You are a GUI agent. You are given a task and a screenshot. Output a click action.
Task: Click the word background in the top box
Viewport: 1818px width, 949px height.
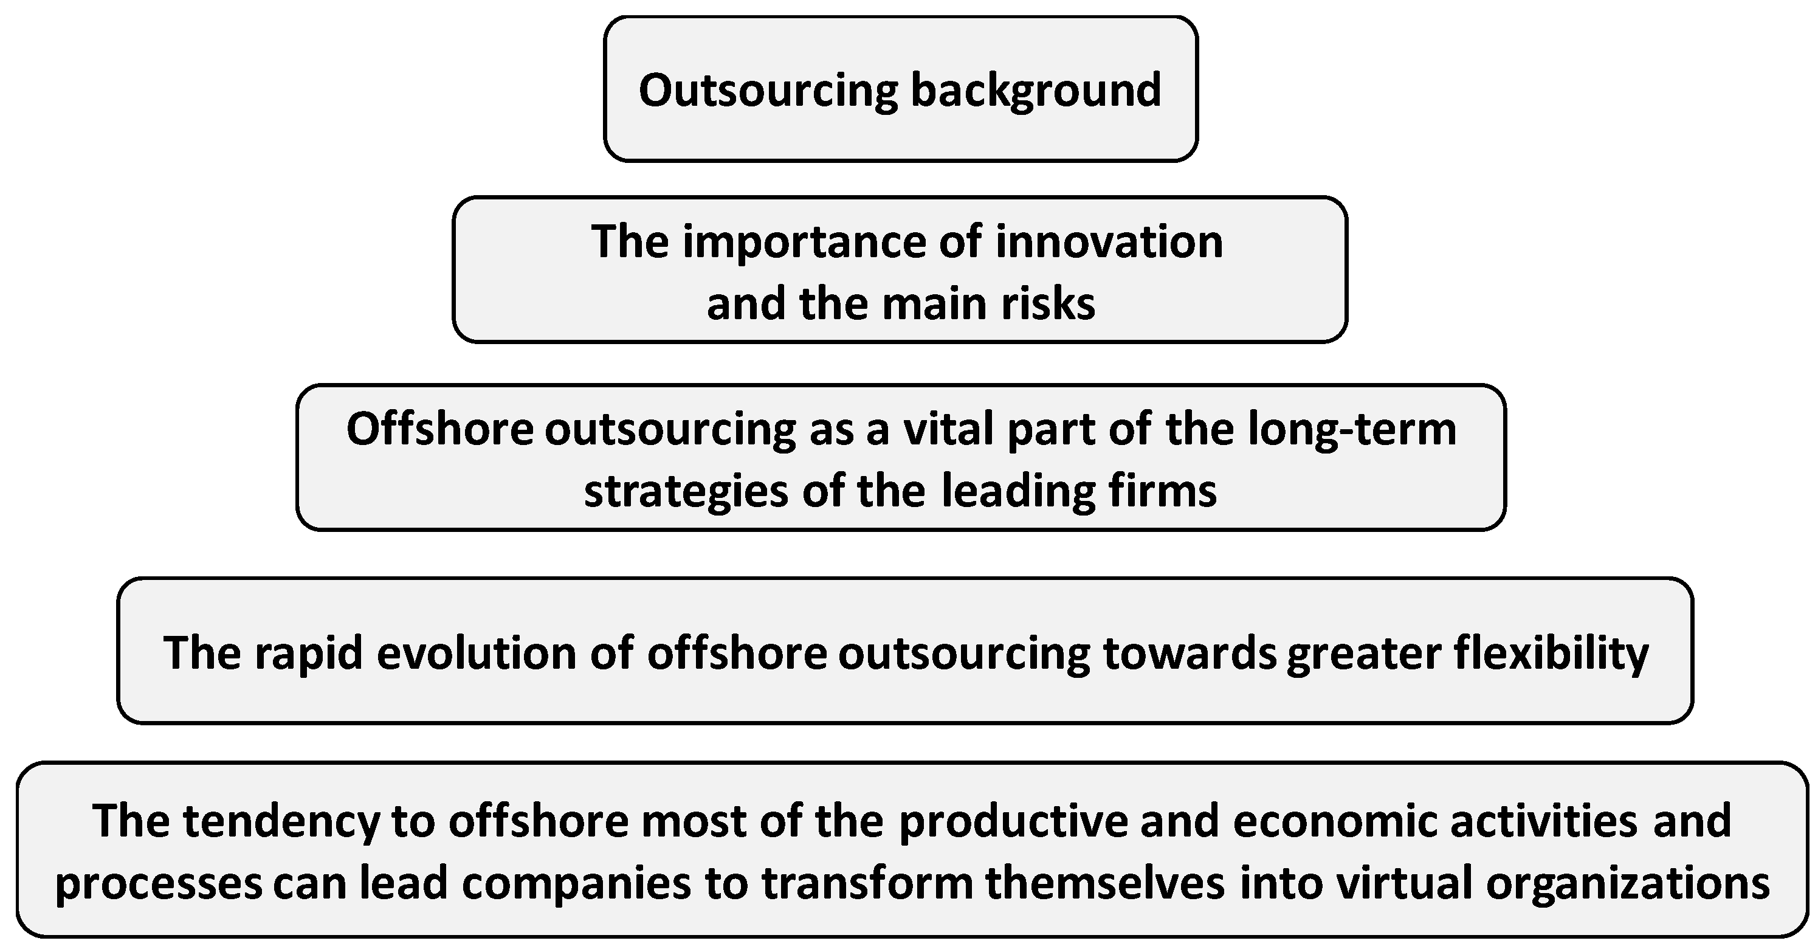tap(1035, 91)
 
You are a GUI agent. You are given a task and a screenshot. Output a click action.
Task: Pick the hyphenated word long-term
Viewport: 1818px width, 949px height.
tap(1352, 429)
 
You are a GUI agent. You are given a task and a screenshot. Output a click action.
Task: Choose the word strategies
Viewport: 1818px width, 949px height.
tap(685, 491)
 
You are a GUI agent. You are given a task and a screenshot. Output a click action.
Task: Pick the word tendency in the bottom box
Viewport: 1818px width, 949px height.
tap(281, 821)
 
